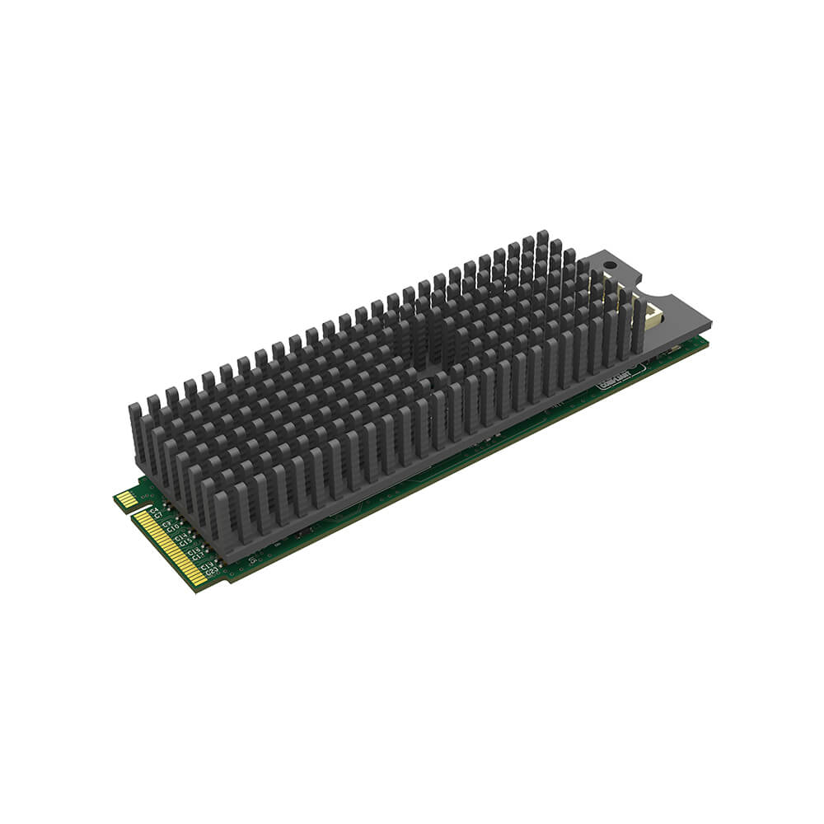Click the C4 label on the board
[154, 511]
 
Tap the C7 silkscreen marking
[158, 517]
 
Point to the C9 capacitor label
[166, 524]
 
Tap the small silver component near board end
[676, 350]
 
